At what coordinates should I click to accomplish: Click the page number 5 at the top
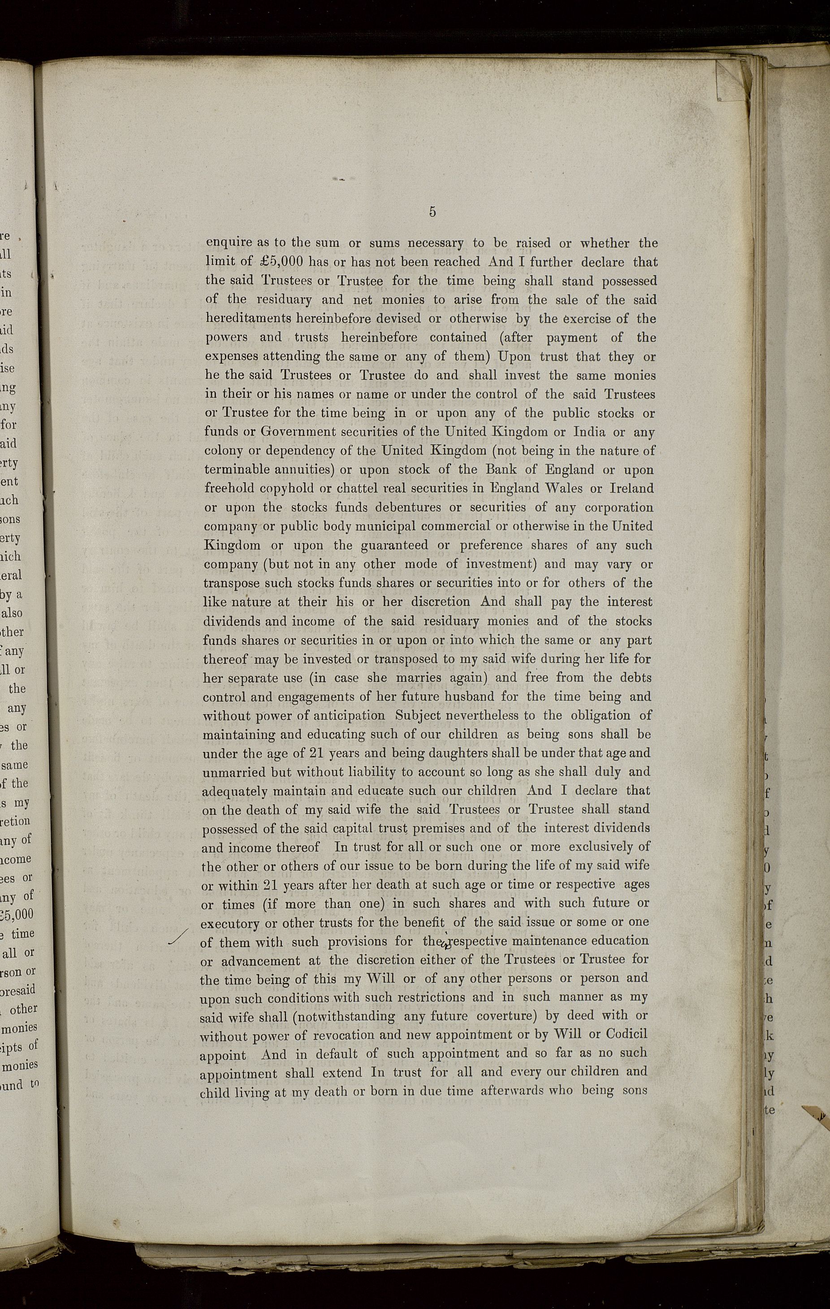tap(432, 212)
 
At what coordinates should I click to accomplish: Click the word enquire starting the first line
tap(228, 243)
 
